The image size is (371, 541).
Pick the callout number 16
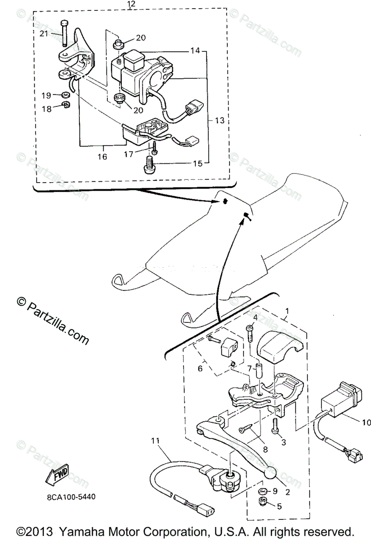pos(102,156)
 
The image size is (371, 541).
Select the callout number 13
pos(220,120)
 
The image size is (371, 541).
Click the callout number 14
pos(194,51)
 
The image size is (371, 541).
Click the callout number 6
pos(201,368)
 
